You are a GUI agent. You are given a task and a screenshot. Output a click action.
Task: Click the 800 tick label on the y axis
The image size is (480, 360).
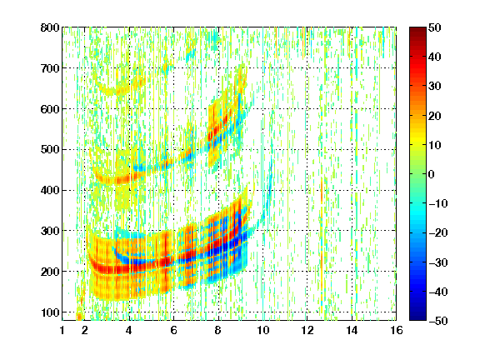[x=50, y=27]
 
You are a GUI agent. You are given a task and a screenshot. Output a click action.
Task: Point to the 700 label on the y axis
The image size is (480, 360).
[x=50, y=68]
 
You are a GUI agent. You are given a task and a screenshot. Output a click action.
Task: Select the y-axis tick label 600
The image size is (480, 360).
[x=50, y=109]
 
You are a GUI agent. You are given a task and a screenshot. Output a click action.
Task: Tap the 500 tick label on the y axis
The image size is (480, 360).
[x=50, y=150]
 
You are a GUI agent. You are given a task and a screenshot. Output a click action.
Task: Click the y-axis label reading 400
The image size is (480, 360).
[x=50, y=190]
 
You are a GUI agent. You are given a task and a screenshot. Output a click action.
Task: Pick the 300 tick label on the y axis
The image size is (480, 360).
[x=50, y=231]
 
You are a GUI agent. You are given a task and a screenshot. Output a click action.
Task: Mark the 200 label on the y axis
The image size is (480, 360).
[x=50, y=272]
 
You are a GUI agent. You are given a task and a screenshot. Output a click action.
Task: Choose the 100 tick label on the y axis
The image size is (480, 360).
[x=50, y=312]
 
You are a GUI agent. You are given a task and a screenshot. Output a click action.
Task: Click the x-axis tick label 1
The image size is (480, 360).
[x=62, y=330]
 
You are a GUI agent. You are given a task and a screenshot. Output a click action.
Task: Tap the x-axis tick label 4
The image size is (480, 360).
[x=129, y=330]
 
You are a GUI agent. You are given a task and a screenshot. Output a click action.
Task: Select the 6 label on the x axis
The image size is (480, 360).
[x=173, y=330]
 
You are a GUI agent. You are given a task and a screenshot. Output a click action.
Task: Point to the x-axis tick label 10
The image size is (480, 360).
[x=262, y=330]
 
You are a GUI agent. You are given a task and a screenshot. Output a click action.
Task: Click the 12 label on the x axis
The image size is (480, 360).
[x=307, y=330]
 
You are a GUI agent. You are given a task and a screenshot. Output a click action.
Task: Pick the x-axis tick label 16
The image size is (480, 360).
[x=397, y=330]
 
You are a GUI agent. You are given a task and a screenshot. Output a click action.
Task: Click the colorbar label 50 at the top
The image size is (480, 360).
[x=435, y=27]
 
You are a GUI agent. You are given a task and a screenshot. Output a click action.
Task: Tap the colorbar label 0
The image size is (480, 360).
[x=432, y=174]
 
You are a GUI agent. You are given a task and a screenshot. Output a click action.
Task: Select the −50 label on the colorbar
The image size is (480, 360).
[x=437, y=321]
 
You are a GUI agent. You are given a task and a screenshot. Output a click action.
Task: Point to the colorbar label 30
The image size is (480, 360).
[x=435, y=87]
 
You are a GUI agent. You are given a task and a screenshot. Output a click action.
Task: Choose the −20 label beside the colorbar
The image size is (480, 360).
[x=437, y=232]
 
